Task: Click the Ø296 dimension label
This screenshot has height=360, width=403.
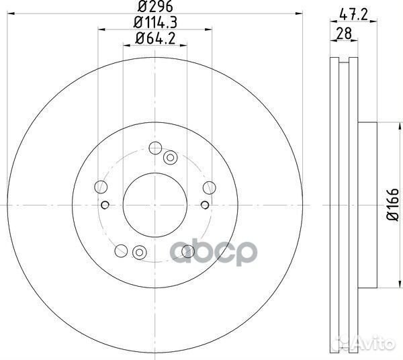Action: coord(155,7)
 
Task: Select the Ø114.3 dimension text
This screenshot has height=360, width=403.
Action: coord(155,23)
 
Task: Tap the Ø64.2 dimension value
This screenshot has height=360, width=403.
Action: coord(155,39)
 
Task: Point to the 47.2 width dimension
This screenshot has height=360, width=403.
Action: coord(353,15)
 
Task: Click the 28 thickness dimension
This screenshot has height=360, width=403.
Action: coord(344,34)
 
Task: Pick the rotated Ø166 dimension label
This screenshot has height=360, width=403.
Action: coord(393,205)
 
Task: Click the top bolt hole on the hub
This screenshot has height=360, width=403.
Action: coord(155,148)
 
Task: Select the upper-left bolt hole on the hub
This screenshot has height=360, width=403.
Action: coord(101,187)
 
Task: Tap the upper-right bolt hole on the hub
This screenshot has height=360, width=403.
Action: coord(209,187)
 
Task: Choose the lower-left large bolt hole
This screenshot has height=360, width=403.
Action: coord(121,251)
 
